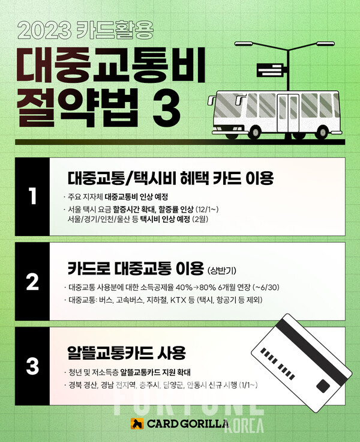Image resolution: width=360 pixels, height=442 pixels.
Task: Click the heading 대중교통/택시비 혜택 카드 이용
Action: [x=170, y=178]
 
